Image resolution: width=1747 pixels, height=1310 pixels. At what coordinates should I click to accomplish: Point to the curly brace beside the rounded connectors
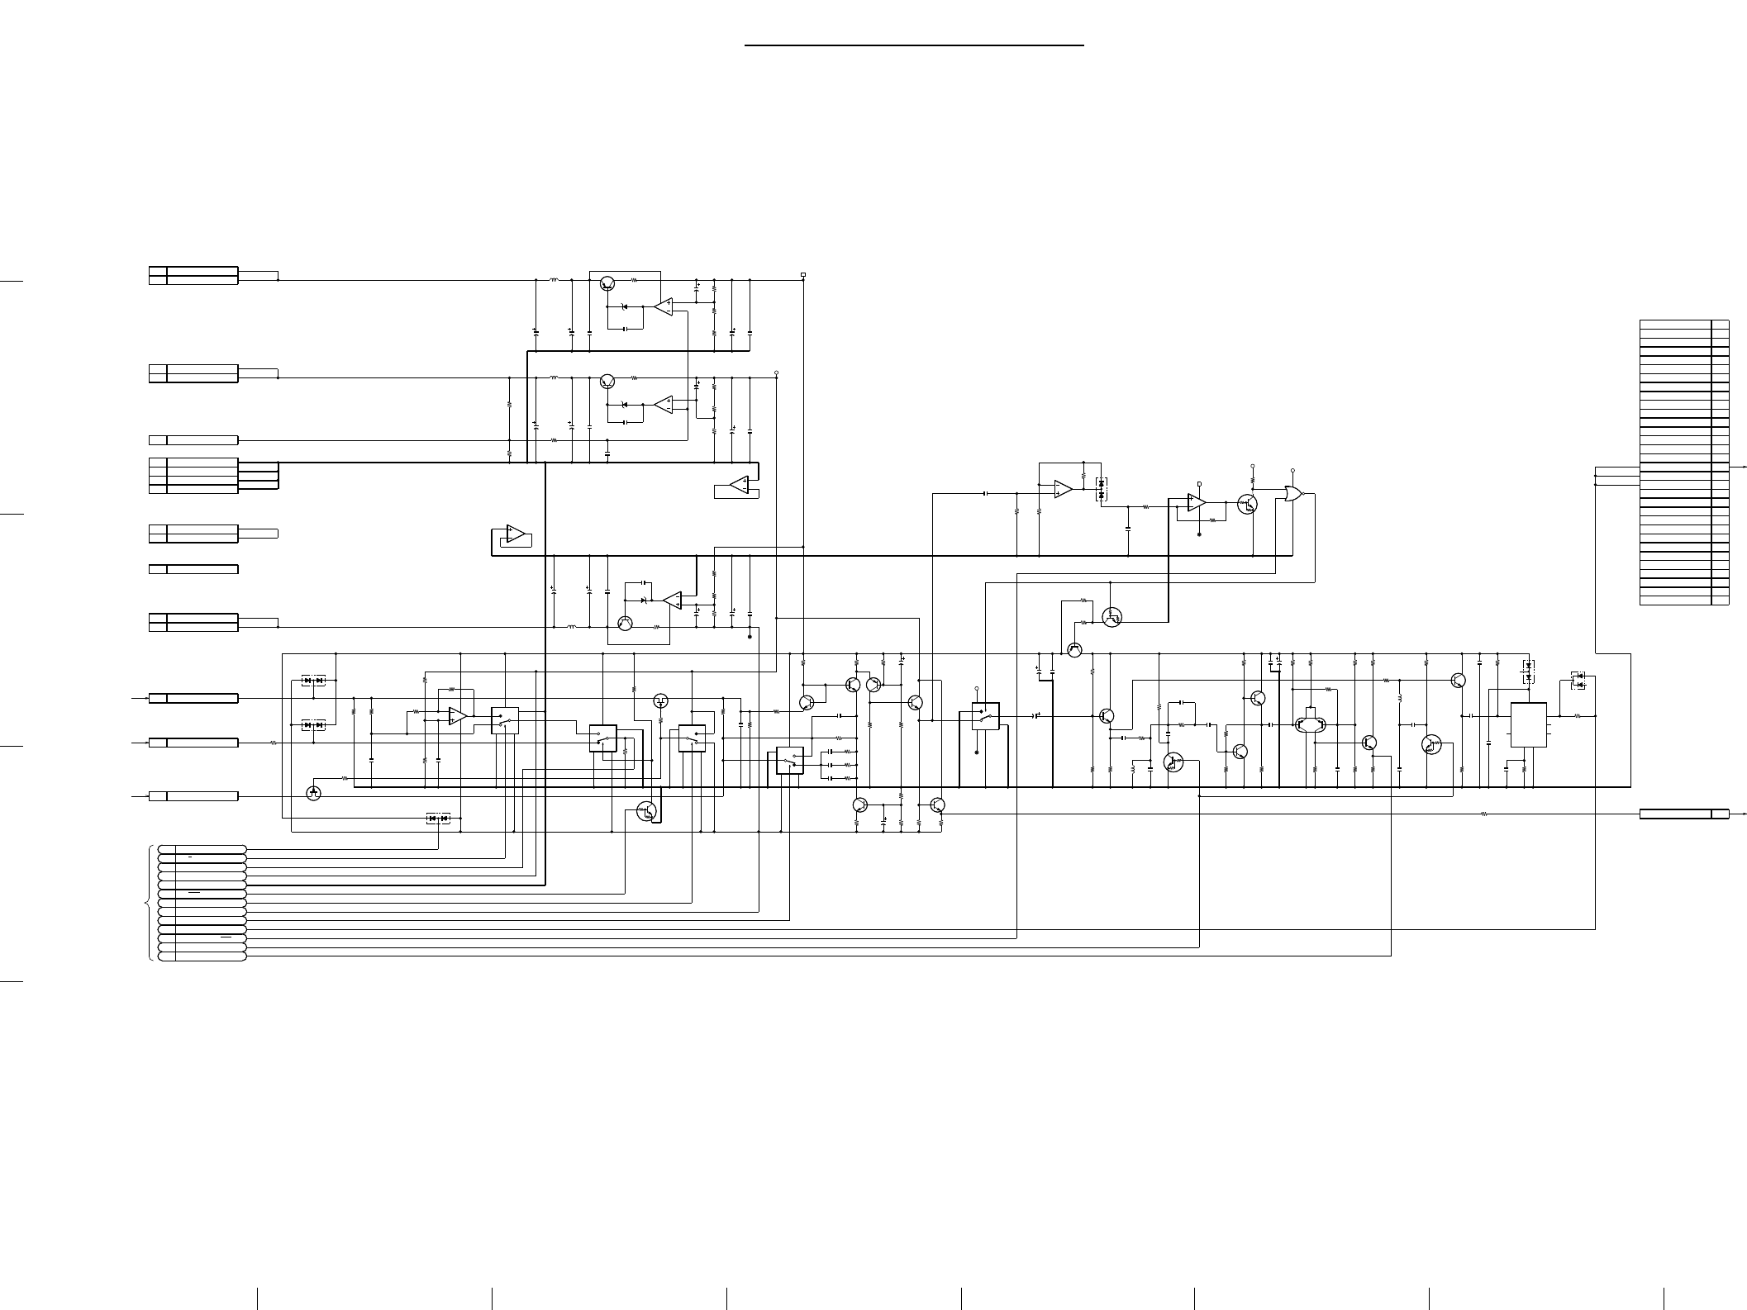point(148,903)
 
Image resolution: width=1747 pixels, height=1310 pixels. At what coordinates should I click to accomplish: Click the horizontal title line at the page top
point(914,45)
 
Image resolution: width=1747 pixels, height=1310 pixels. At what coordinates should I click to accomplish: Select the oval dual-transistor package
point(1311,725)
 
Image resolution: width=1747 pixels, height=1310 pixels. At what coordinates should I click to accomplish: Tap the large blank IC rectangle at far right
point(1528,725)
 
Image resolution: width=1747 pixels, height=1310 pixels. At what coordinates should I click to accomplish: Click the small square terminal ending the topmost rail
point(803,274)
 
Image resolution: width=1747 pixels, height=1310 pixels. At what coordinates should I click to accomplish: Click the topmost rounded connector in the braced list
point(202,849)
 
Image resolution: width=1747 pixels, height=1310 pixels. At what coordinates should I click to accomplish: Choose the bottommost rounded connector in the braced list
point(202,956)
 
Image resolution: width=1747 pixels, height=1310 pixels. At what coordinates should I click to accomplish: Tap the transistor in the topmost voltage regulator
point(607,283)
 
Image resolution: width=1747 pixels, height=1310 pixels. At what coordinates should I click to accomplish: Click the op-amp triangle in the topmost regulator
point(664,306)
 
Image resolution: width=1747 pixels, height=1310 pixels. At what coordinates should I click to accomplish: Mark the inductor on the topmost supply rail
point(554,280)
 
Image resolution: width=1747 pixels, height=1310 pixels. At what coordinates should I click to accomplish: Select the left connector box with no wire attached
point(193,569)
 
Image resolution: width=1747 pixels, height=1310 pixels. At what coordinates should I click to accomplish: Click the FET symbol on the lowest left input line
point(313,793)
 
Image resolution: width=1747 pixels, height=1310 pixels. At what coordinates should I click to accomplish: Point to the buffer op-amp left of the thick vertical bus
point(514,534)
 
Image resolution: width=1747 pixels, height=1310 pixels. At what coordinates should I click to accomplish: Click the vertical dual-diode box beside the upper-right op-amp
point(1101,488)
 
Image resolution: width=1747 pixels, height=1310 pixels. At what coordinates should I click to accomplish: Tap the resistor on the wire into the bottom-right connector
point(1483,814)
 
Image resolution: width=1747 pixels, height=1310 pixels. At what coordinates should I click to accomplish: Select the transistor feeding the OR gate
point(1247,505)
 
